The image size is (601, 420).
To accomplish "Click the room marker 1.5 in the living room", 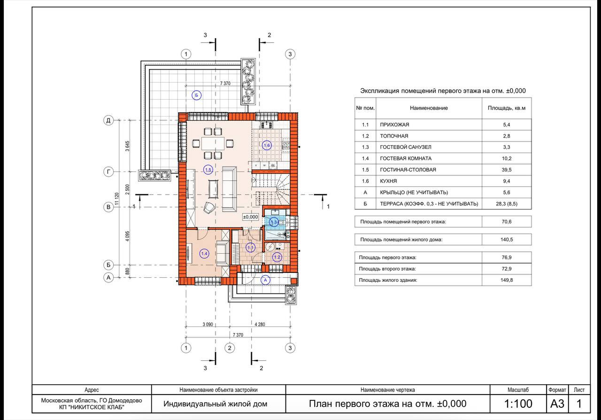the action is [208, 170].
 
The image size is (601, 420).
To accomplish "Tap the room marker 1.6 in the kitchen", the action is [267, 145].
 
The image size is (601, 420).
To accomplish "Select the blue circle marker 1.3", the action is [274, 222].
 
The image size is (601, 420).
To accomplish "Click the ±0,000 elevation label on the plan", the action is [250, 217].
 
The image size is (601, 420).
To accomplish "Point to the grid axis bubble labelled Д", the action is [108, 120].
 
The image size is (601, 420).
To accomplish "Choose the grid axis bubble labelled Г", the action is [108, 171].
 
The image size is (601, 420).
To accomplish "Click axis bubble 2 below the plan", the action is [230, 348].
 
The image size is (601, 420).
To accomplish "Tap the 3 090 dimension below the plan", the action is [208, 325].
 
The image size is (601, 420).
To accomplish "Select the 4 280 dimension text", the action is [260, 325].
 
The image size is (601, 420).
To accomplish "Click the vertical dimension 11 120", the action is [116, 199].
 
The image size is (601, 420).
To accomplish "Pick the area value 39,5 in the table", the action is [507, 170].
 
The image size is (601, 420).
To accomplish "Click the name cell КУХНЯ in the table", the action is [388, 181].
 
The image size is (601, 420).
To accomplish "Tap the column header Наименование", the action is [429, 108].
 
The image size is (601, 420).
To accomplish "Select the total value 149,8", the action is [507, 280].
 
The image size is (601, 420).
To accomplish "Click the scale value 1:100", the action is [518, 404].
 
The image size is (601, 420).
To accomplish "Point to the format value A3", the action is [557, 404].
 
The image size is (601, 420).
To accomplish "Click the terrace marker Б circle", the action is [197, 95].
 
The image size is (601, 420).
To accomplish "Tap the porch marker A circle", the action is [265, 280].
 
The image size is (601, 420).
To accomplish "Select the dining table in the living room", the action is [213, 143].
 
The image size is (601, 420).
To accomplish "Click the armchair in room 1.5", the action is [209, 208].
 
